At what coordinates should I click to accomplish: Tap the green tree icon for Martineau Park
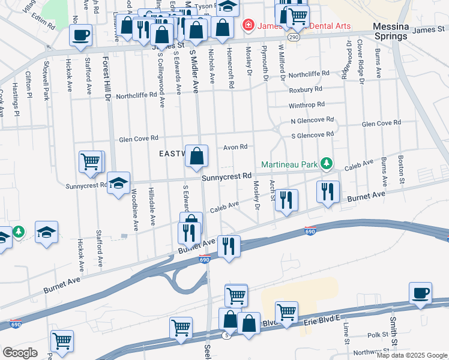(326, 163)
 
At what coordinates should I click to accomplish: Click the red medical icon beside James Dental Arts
(247, 25)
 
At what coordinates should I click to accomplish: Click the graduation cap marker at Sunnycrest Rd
(119, 182)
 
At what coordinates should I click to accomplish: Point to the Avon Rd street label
(235, 147)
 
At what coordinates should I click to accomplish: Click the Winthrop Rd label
(306, 105)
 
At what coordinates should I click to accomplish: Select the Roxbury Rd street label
(306, 89)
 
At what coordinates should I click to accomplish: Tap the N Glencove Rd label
(312, 121)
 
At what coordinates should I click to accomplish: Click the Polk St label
(378, 334)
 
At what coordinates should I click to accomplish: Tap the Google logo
(20, 352)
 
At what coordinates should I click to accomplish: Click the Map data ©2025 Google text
(411, 355)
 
